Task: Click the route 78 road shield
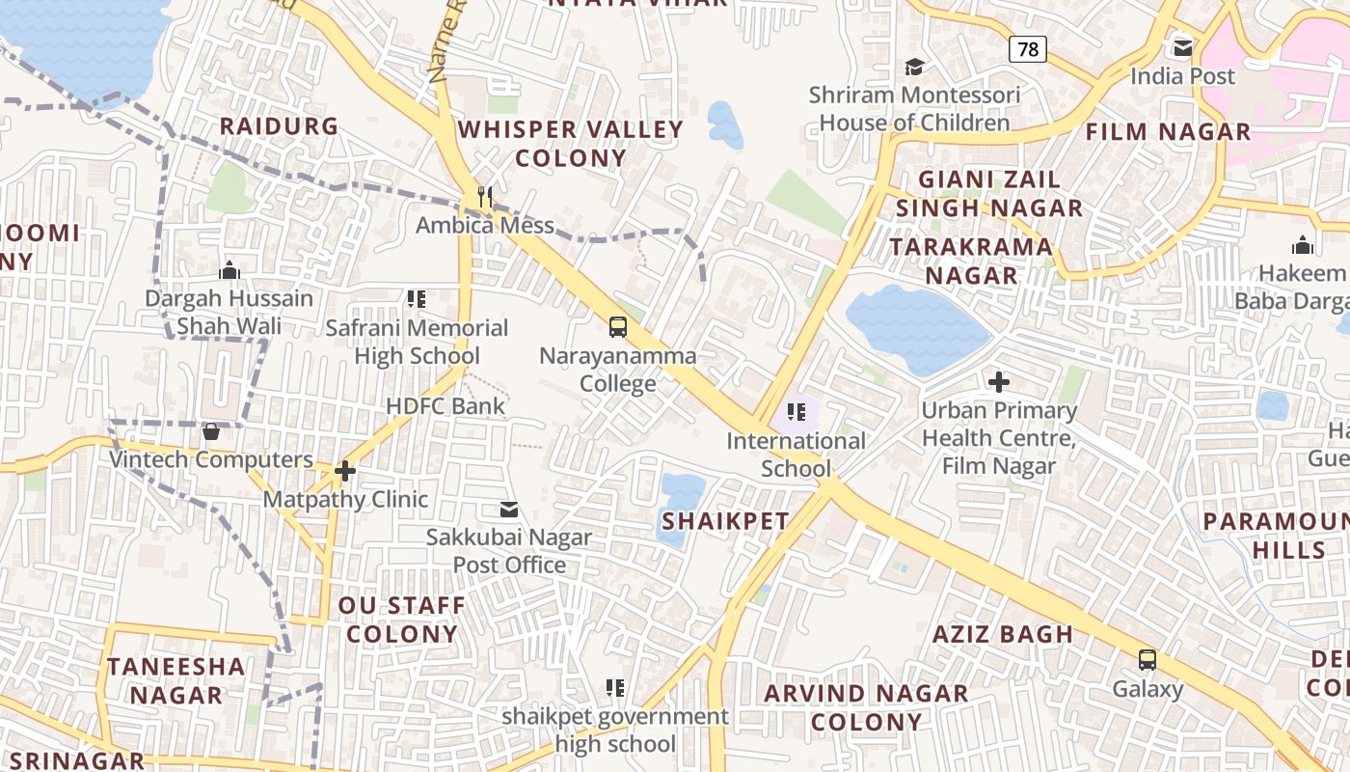click(x=1028, y=48)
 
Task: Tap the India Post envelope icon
click(x=1182, y=47)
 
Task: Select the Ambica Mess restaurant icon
click(x=484, y=197)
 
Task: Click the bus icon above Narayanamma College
click(x=618, y=327)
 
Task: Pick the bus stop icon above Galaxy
click(x=1147, y=660)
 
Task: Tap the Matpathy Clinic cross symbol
click(x=345, y=471)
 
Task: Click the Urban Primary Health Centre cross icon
click(x=999, y=382)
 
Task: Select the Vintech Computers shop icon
click(x=211, y=431)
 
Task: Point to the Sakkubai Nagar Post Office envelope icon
click(x=508, y=510)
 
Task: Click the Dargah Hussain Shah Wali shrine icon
click(x=229, y=270)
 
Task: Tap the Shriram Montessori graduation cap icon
click(x=913, y=67)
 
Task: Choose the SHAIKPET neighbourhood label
click(x=725, y=521)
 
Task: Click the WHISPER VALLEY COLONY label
click(x=571, y=143)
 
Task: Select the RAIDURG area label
click(x=279, y=126)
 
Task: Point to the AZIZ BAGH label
click(x=1003, y=634)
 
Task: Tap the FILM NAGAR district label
click(x=1169, y=131)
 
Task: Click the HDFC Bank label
click(x=445, y=405)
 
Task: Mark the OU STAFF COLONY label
click(x=401, y=620)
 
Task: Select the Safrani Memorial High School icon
click(x=417, y=299)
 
